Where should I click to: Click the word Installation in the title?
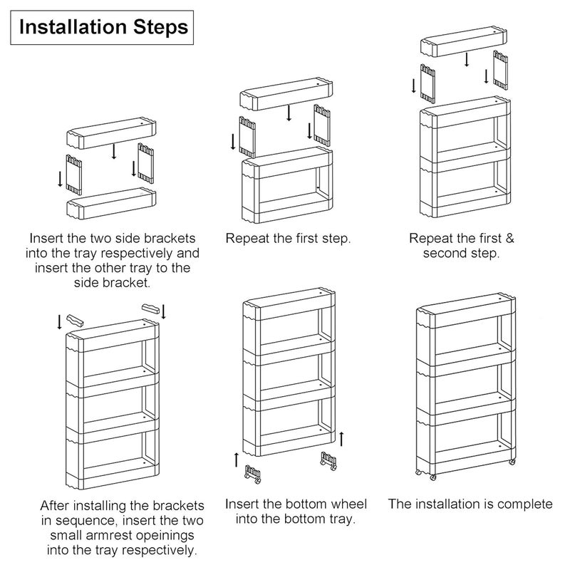pos(73,27)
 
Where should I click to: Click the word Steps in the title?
pos(161,28)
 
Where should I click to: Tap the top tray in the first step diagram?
pos(112,133)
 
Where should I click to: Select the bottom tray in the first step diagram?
pos(112,203)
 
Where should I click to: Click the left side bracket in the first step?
pos(74,175)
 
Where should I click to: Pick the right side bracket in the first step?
pos(146,163)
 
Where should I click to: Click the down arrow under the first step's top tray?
pos(114,151)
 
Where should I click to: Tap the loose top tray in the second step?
pos(286,94)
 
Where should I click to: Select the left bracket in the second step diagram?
pos(247,137)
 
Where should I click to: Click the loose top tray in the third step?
pos(464,41)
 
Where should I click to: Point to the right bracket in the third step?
pos(501,70)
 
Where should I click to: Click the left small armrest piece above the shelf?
pos(75,321)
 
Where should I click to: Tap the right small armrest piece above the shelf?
pos(150,309)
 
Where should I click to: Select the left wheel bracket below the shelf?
pos(253,475)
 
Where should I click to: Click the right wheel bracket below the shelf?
pos(328,461)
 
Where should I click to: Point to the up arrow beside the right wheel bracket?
pos(341,439)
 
